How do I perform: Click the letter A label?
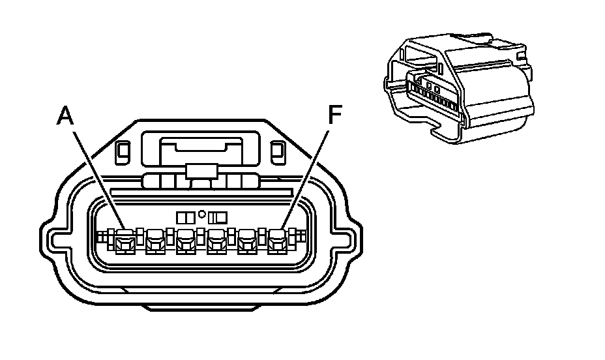[x=66, y=116]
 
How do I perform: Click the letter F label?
[x=334, y=116]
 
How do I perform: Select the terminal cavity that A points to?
[x=124, y=243]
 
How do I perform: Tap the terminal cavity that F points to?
[x=278, y=243]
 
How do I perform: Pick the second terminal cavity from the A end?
[x=155, y=243]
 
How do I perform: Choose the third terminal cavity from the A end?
[x=186, y=243]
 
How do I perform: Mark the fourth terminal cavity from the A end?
[x=216, y=243]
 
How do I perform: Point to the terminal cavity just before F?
[x=248, y=243]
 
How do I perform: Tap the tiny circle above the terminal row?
[x=202, y=213]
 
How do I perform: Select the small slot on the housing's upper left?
[x=121, y=153]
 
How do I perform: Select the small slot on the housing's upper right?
[x=276, y=153]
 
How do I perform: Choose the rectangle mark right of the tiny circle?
[x=216, y=216]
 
